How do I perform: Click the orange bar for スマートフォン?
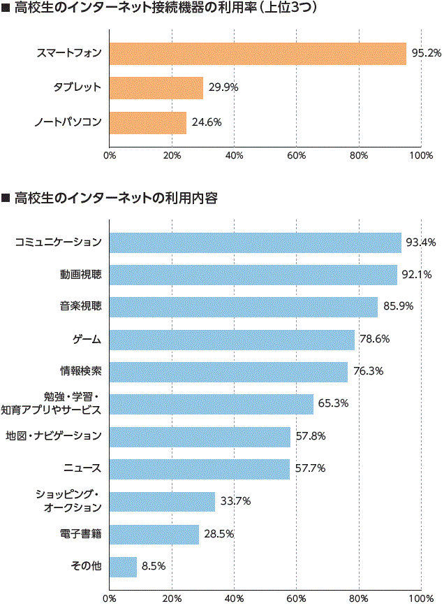click(258, 54)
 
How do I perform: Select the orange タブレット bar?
click(156, 88)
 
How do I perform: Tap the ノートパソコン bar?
click(148, 123)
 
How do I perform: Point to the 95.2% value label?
click(425, 54)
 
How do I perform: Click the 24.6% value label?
click(206, 123)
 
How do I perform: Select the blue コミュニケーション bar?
click(256, 243)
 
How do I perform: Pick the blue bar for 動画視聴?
click(253, 275)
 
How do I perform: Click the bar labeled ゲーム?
click(232, 340)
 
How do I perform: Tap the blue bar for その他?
click(123, 567)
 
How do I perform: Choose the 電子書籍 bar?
click(154, 534)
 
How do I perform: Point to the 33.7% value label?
click(235, 501)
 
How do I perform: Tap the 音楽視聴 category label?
click(81, 308)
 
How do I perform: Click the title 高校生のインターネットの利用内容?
click(115, 199)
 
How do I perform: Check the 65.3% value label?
click(334, 404)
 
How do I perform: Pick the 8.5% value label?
click(153, 567)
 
